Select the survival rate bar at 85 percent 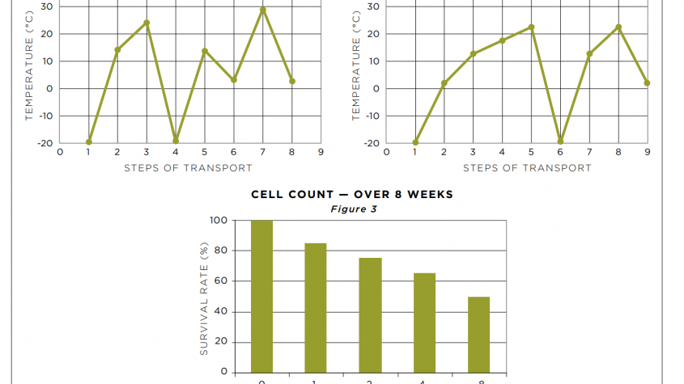pyautogui.click(x=316, y=307)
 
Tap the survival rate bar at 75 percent pyautogui.click(x=370, y=314)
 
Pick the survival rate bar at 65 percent pyautogui.click(x=424, y=323)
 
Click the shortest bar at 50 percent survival pyautogui.click(x=478, y=334)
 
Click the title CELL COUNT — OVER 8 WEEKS pyautogui.click(x=352, y=195)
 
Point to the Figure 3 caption pyautogui.click(x=352, y=209)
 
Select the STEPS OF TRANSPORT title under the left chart pyautogui.click(x=188, y=168)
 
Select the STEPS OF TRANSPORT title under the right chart pyautogui.click(x=527, y=168)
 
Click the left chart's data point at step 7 pyautogui.click(x=263, y=10)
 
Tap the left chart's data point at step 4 pyautogui.click(x=176, y=141)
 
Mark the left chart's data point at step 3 pyautogui.click(x=147, y=23)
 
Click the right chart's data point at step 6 pyautogui.click(x=560, y=141)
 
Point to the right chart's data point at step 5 pyautogui.click(x=531, y=27)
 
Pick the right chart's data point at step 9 pyautogui.click(x=648, y=83)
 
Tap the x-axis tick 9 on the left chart pyautogui.click(x=321, y=152)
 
